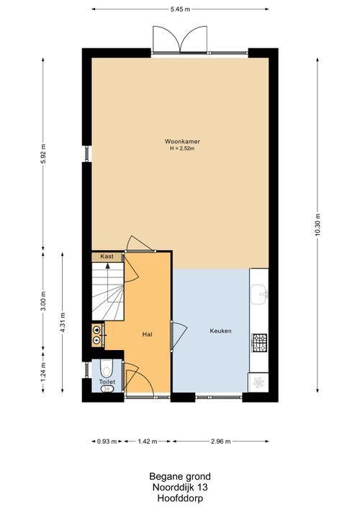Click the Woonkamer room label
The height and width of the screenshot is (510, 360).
[182, 141]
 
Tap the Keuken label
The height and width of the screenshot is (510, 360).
[220, 331]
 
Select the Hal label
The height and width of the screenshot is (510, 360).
[148, 334]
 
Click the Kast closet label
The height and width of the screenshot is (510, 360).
[107, 256]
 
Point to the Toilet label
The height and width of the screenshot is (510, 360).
[107, 382]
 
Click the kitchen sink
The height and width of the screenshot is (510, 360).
[259, 295]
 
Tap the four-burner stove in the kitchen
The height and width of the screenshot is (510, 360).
[259, 343]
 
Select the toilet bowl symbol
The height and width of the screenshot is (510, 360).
[106, 368]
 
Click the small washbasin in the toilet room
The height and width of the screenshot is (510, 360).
[106, 389]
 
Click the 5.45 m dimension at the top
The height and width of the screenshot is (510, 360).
[180, 9]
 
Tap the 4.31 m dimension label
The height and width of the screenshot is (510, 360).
[63, 322]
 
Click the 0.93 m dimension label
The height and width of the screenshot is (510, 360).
[107, 442]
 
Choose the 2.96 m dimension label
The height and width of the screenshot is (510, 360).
[221, 442]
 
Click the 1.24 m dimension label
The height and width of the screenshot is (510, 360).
[43, 372]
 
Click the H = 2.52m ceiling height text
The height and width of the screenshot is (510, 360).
[182, 148]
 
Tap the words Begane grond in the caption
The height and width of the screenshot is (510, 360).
[180, 477]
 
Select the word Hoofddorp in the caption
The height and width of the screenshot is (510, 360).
[180, 498]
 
